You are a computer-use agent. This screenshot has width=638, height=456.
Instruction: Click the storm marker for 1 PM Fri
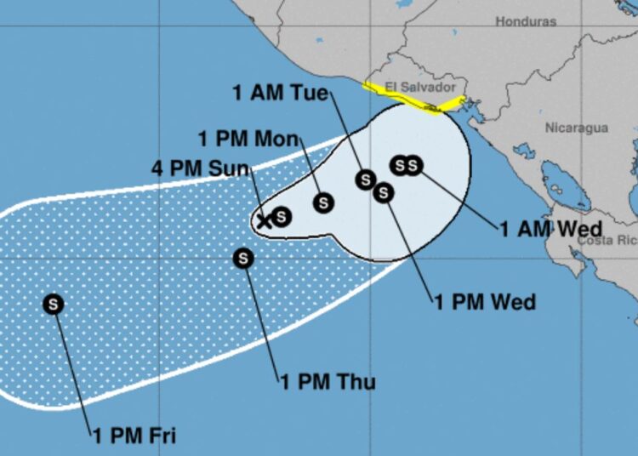click(54, 304)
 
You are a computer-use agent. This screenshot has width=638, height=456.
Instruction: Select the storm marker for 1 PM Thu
click(244, 258)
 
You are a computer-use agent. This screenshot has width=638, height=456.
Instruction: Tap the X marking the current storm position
click(265, 221)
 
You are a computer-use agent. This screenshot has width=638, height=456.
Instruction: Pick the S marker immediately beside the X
click(282, 217)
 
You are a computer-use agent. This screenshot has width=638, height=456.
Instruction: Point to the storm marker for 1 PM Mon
click(323, 202)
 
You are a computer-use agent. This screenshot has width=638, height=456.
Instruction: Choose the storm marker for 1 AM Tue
click(366, 180)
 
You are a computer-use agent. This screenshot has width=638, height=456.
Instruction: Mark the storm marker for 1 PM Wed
click(384, 193)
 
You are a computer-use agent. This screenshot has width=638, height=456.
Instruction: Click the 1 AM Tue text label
click(280, 93)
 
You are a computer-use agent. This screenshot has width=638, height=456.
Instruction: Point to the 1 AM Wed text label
click(550, 228)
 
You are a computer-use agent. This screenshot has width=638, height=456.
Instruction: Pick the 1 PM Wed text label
click(485, 302)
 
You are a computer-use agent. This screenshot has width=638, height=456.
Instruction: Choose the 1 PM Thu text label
click(328, 381)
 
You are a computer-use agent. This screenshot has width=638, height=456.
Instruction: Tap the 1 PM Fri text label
click(134, 436)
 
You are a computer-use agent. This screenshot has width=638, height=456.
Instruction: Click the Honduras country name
click(526, 20)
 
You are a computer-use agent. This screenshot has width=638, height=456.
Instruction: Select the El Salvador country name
click(420, 87)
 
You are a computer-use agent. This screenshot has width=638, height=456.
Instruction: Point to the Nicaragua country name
click(576, 128)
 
